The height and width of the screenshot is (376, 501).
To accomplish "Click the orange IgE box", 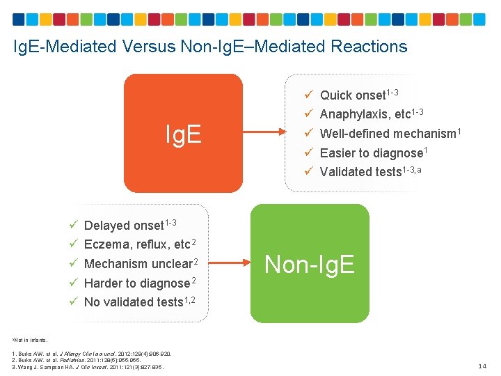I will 183,133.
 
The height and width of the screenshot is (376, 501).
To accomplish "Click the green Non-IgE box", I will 310,263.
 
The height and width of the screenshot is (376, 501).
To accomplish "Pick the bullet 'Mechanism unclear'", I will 137,264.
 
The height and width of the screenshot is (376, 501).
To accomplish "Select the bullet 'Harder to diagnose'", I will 136,283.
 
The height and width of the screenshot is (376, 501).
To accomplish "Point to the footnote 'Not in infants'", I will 31,340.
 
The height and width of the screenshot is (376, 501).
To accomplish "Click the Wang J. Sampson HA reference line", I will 88,367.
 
